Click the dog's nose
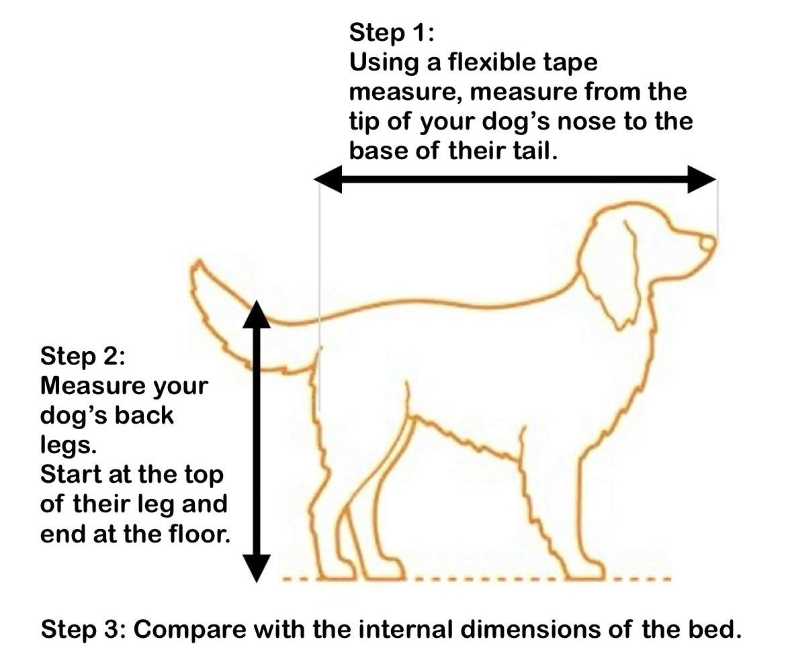707,243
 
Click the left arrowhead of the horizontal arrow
328,179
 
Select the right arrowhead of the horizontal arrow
702,179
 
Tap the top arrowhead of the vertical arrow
256,314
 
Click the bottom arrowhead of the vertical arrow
256,568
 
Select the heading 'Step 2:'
83,356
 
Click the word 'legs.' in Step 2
68,445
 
